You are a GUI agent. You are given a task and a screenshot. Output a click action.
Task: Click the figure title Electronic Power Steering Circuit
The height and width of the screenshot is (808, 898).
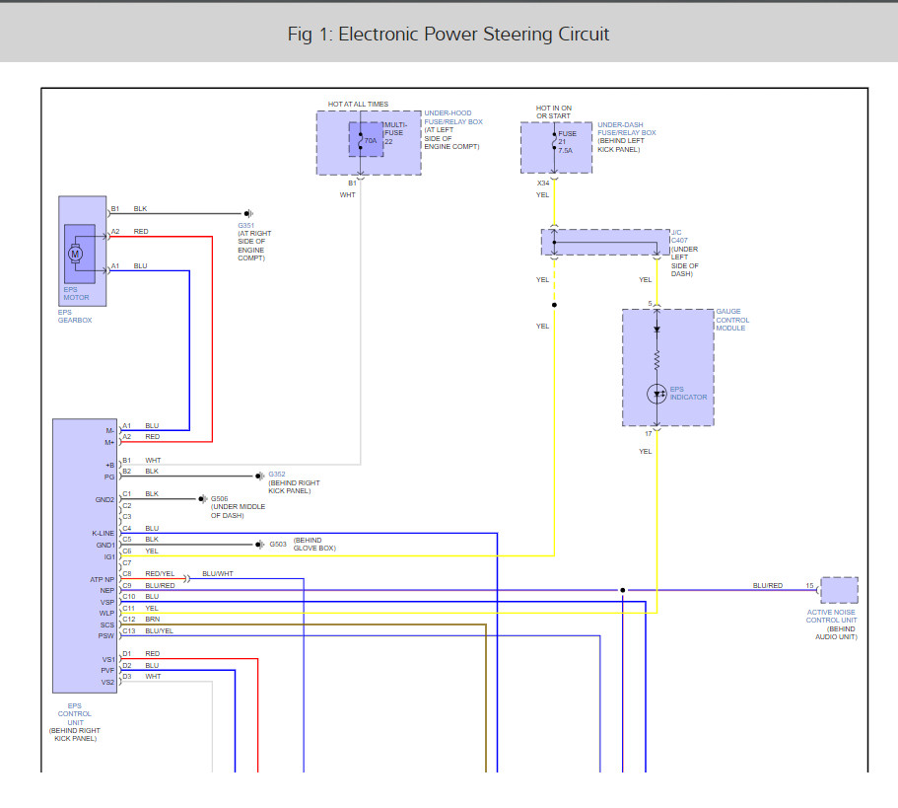pyautogui.click(x=449, y=35)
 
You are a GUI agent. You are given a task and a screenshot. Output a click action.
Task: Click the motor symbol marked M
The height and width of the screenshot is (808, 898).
pyautogui.click(x=76, y=254)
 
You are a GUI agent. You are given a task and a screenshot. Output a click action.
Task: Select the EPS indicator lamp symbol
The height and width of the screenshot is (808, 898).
pyautogui.click(x=656, y=394)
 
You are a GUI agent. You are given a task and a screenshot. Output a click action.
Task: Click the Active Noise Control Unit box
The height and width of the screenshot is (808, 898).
pyautogui.click(x=839, y=591)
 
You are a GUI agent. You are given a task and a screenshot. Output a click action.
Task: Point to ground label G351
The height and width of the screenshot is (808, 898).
pyautogui.click(x=244, y=226)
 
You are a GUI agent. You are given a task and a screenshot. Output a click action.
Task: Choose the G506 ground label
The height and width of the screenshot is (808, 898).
pyautogui.click(x=220, y=499)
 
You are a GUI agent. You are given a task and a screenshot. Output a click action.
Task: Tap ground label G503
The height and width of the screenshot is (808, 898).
pyautogui.click(x=278, y=544)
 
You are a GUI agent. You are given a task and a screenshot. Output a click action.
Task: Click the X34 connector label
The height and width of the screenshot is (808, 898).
pyautogui.click(x=543, y=184)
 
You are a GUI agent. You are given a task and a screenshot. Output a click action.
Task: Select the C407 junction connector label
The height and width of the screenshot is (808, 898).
pyautogui.click(x=680, y=241)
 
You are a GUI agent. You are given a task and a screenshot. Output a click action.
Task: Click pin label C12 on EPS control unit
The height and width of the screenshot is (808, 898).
pyautogui.click(x=128, y=620)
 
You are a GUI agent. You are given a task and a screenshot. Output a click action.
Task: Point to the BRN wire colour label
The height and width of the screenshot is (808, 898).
pyautogui.click(x=153, y=620)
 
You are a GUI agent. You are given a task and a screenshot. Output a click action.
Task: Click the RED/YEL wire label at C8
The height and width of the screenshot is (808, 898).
pyautogui.click(x=160, y=573)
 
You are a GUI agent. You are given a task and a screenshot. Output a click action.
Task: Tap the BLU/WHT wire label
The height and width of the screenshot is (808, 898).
pyautogui.click(x=218, y=573)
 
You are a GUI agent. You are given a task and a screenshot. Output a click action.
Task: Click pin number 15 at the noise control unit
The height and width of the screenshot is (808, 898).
pyautogui.click(x=809, y=586)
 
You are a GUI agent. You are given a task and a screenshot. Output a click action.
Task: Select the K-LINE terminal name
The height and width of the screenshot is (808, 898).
pyautogui.click(x=103, y=533)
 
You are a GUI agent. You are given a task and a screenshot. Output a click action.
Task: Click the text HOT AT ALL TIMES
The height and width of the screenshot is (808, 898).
pyautogui.click(x=358, y=104)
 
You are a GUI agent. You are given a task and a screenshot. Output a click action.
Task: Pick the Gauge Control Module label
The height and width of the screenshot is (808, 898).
pyautogui.click(x=732, y=320)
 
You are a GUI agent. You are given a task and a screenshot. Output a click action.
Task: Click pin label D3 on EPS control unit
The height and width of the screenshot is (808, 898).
pyautogui.click(x=127, y=677)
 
